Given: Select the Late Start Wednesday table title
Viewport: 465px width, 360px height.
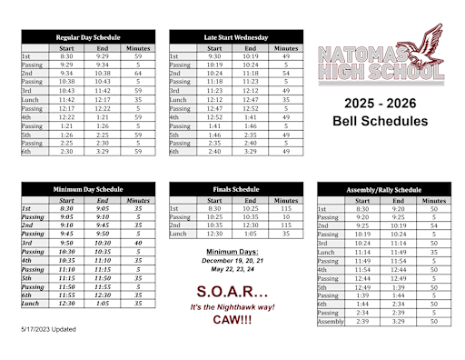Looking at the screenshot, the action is [x=235, y=37].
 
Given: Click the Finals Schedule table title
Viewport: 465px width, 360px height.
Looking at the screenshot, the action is [x=235, y=189].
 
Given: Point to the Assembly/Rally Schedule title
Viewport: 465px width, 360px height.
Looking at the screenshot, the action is [x=383, y=189].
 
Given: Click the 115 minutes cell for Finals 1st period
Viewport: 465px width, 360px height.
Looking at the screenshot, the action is [x=285, y=208].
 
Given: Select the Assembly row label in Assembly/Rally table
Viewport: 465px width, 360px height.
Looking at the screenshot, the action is [x=331, y=321].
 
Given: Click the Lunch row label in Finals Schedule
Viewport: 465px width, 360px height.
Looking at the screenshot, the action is [x=179, y=233].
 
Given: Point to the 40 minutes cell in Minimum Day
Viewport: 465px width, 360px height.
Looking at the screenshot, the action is [x=137, y=243].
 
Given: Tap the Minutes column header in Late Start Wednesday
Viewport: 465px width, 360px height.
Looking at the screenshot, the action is [x=285, y=47].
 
